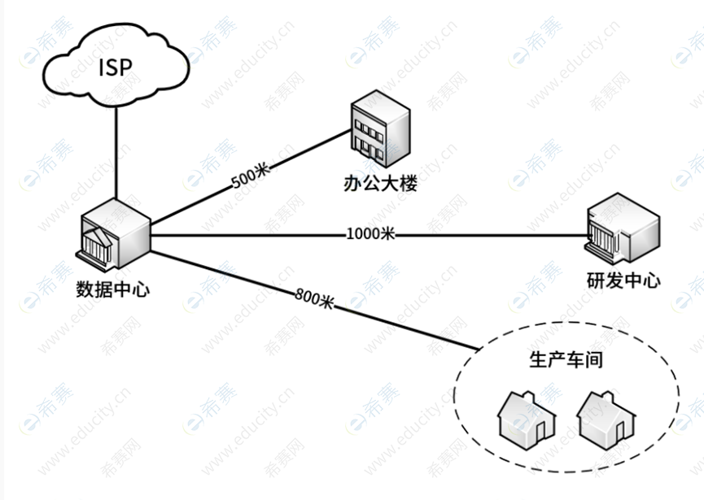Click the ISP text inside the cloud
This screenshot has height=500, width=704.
(114, 67)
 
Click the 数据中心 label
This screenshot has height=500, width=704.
(112, 289)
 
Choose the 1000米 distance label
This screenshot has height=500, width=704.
(370, 235)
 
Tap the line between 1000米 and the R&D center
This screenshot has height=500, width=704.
(488, 236)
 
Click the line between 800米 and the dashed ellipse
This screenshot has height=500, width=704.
(407, 325)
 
